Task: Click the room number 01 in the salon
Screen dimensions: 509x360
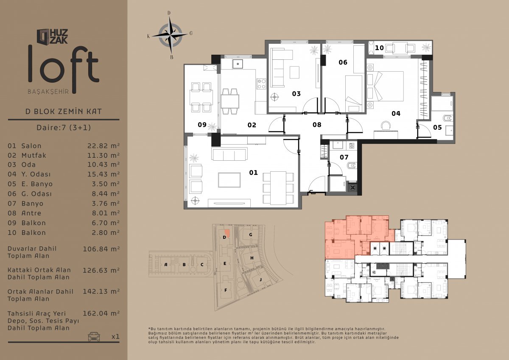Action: (253, 173)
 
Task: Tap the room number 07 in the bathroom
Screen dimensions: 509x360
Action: (344, 157)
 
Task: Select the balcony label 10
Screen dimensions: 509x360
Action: (379, 48)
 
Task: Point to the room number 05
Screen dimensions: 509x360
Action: (437, 127)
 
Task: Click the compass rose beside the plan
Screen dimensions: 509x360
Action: (170, 35)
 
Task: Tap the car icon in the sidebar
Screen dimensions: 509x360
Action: (94, 336)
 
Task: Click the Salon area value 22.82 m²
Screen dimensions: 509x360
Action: (103, 145)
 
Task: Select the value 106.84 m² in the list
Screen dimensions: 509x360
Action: (101, 249)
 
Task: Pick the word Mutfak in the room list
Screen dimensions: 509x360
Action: (34, 155)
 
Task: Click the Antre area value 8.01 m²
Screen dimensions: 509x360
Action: (106, 213)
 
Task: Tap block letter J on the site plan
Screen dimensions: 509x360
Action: (260, 279)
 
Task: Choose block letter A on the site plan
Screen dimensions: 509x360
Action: (166, 265)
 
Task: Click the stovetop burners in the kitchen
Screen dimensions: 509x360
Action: (261, 84)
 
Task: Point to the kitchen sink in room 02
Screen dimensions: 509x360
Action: (238, 64)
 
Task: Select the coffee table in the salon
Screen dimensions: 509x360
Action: (229, 180)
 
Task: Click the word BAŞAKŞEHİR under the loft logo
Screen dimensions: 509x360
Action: (48, 92)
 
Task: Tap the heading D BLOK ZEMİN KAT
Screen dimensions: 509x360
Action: (64, 111)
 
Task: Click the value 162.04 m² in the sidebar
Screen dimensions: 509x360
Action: (101, 313)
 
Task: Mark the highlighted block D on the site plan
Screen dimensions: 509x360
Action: (226, 234)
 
